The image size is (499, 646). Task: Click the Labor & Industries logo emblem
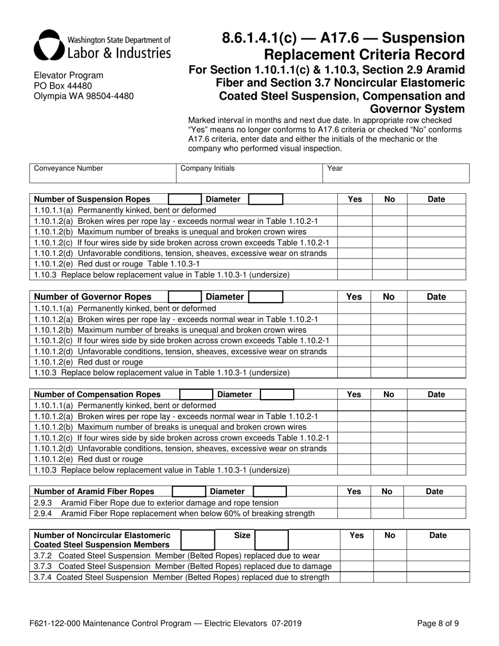tap(49, 45)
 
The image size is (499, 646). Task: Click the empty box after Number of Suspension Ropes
tap(184, 199)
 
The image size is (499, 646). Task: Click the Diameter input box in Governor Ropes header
tap(265, 297)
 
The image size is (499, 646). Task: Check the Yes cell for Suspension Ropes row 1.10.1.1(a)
tap(355, 210)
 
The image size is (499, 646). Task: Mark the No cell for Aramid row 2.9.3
tap(387, 502)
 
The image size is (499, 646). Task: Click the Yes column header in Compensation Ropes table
tap(355, 394)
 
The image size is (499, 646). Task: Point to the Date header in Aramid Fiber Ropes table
tap(435, 492)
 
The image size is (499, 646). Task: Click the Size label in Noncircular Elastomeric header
tap(242, 535)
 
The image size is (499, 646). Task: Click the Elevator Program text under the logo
tap(68, 75)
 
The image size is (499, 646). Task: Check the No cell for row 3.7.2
tap(390, 555)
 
